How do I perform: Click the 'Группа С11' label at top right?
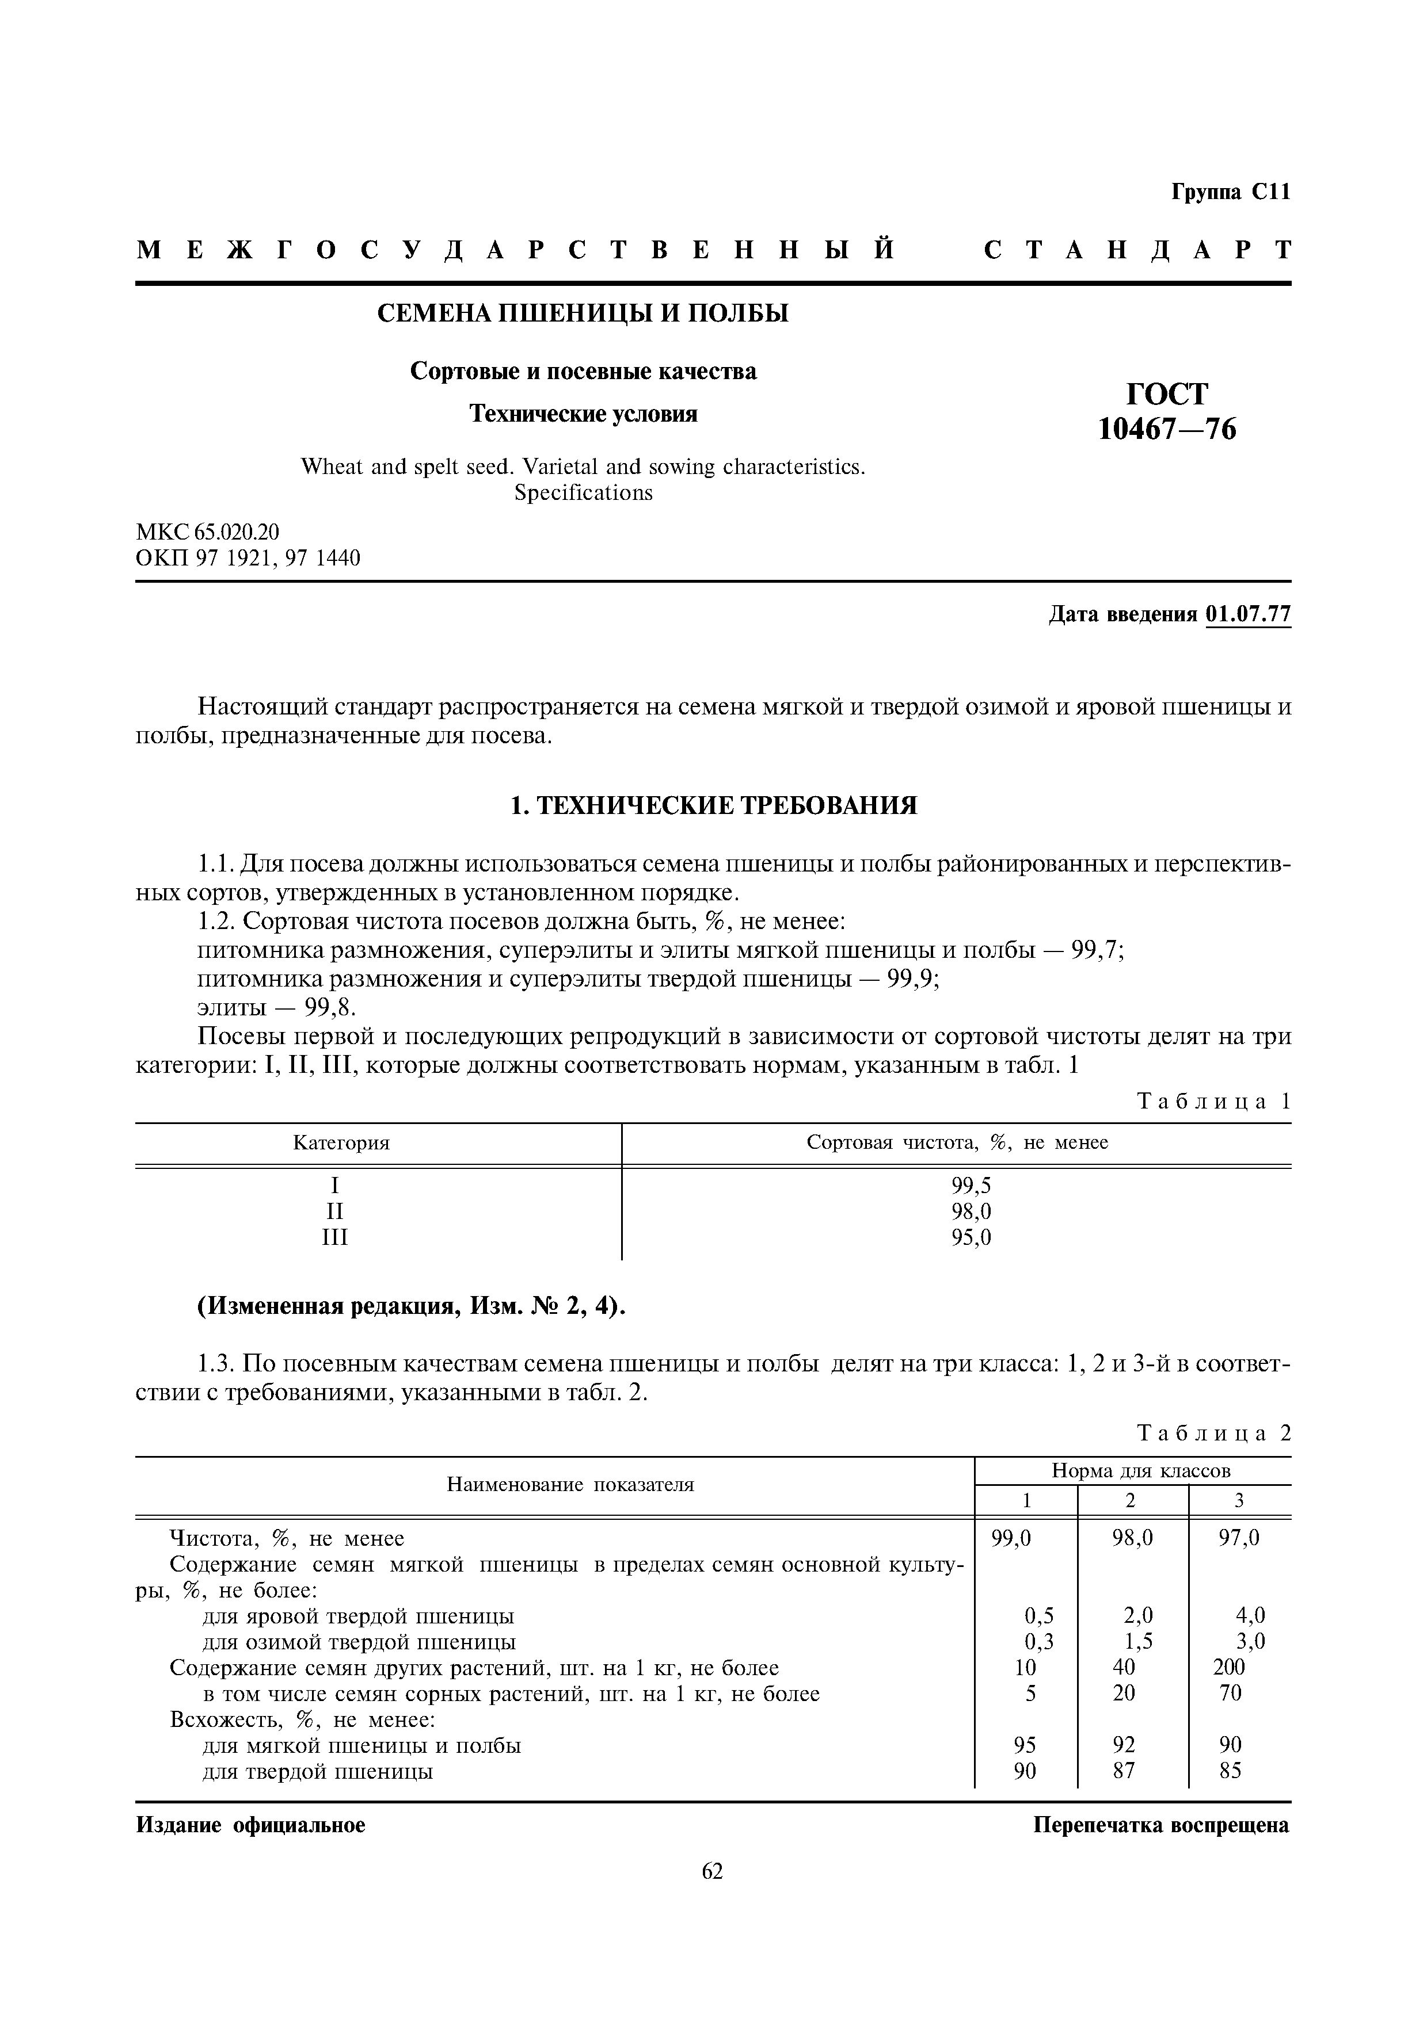1230,193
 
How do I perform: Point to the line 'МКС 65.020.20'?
207,532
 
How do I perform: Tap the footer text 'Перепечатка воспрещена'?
1160,1825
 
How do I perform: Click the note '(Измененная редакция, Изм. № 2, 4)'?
410,1307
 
